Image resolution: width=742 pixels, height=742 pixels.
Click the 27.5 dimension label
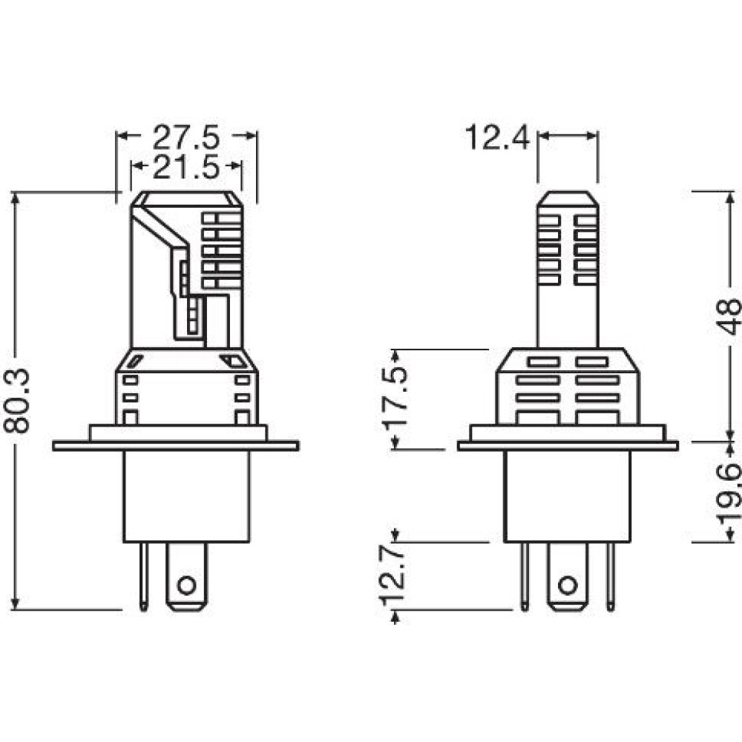click(186, 137)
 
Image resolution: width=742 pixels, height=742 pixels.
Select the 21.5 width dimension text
click(186, 167)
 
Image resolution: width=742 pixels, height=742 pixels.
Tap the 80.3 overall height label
click(17, 401)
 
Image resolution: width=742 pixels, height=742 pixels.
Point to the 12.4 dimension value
click(497, 137)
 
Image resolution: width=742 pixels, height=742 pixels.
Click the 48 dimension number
click(729, 315)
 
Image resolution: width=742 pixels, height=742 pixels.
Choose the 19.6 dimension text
click(729, 493)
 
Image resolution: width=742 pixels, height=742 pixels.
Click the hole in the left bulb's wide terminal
click(186, 586)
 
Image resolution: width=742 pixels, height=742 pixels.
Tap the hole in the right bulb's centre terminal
click(568, 586)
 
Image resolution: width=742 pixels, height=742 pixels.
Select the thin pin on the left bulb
click(143, 577)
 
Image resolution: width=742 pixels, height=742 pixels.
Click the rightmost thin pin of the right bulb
click(611, 577)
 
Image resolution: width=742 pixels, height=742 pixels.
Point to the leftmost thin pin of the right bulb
click(525, 577)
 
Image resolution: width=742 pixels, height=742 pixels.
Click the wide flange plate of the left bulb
click(176, 446)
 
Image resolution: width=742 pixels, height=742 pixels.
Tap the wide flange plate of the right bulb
click(568, 446)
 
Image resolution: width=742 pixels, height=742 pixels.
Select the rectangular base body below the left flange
click(186, 496)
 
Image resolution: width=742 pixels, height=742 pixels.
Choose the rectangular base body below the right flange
click(568, 496)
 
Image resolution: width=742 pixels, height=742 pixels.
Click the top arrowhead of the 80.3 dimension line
click(16, 198)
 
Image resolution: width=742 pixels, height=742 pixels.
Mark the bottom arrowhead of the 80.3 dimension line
click(16, 603)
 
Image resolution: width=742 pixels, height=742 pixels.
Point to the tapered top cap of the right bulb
click(568, 199)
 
